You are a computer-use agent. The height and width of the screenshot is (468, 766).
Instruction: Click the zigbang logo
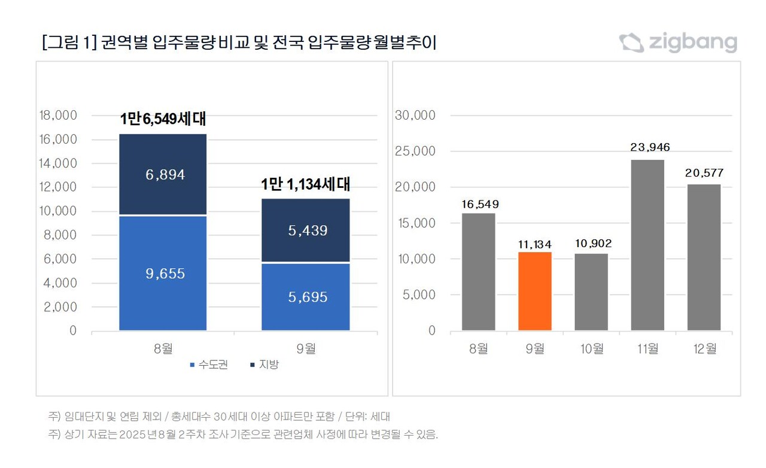point(678,42)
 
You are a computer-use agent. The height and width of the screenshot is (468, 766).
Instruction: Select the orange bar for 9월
point(534,291)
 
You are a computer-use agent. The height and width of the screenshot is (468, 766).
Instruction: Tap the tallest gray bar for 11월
point(648,245)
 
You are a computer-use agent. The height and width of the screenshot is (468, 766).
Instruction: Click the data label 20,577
point(704,174)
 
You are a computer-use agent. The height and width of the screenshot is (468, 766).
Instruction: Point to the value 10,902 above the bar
point(591,244)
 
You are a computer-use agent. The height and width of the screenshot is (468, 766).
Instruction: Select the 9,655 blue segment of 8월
point(163,273)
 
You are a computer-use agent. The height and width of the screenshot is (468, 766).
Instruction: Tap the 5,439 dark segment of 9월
point(306,230)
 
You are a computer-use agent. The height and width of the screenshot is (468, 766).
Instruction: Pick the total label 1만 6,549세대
point(163,119)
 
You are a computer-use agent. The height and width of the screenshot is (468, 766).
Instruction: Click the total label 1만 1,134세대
point(306,185)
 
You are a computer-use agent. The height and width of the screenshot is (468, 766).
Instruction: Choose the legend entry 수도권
point(209,364)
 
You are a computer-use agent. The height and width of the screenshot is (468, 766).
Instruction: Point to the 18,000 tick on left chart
point(57,116)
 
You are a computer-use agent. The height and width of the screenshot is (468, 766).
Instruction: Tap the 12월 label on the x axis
point(704,349)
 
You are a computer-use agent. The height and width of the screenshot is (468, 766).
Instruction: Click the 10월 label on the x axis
point(591,349)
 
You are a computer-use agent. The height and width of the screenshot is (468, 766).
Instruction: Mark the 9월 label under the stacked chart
point(306,349)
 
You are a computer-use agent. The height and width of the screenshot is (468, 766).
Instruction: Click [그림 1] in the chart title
point(66,43)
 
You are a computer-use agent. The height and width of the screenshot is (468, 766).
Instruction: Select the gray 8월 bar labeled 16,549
point(478,272)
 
